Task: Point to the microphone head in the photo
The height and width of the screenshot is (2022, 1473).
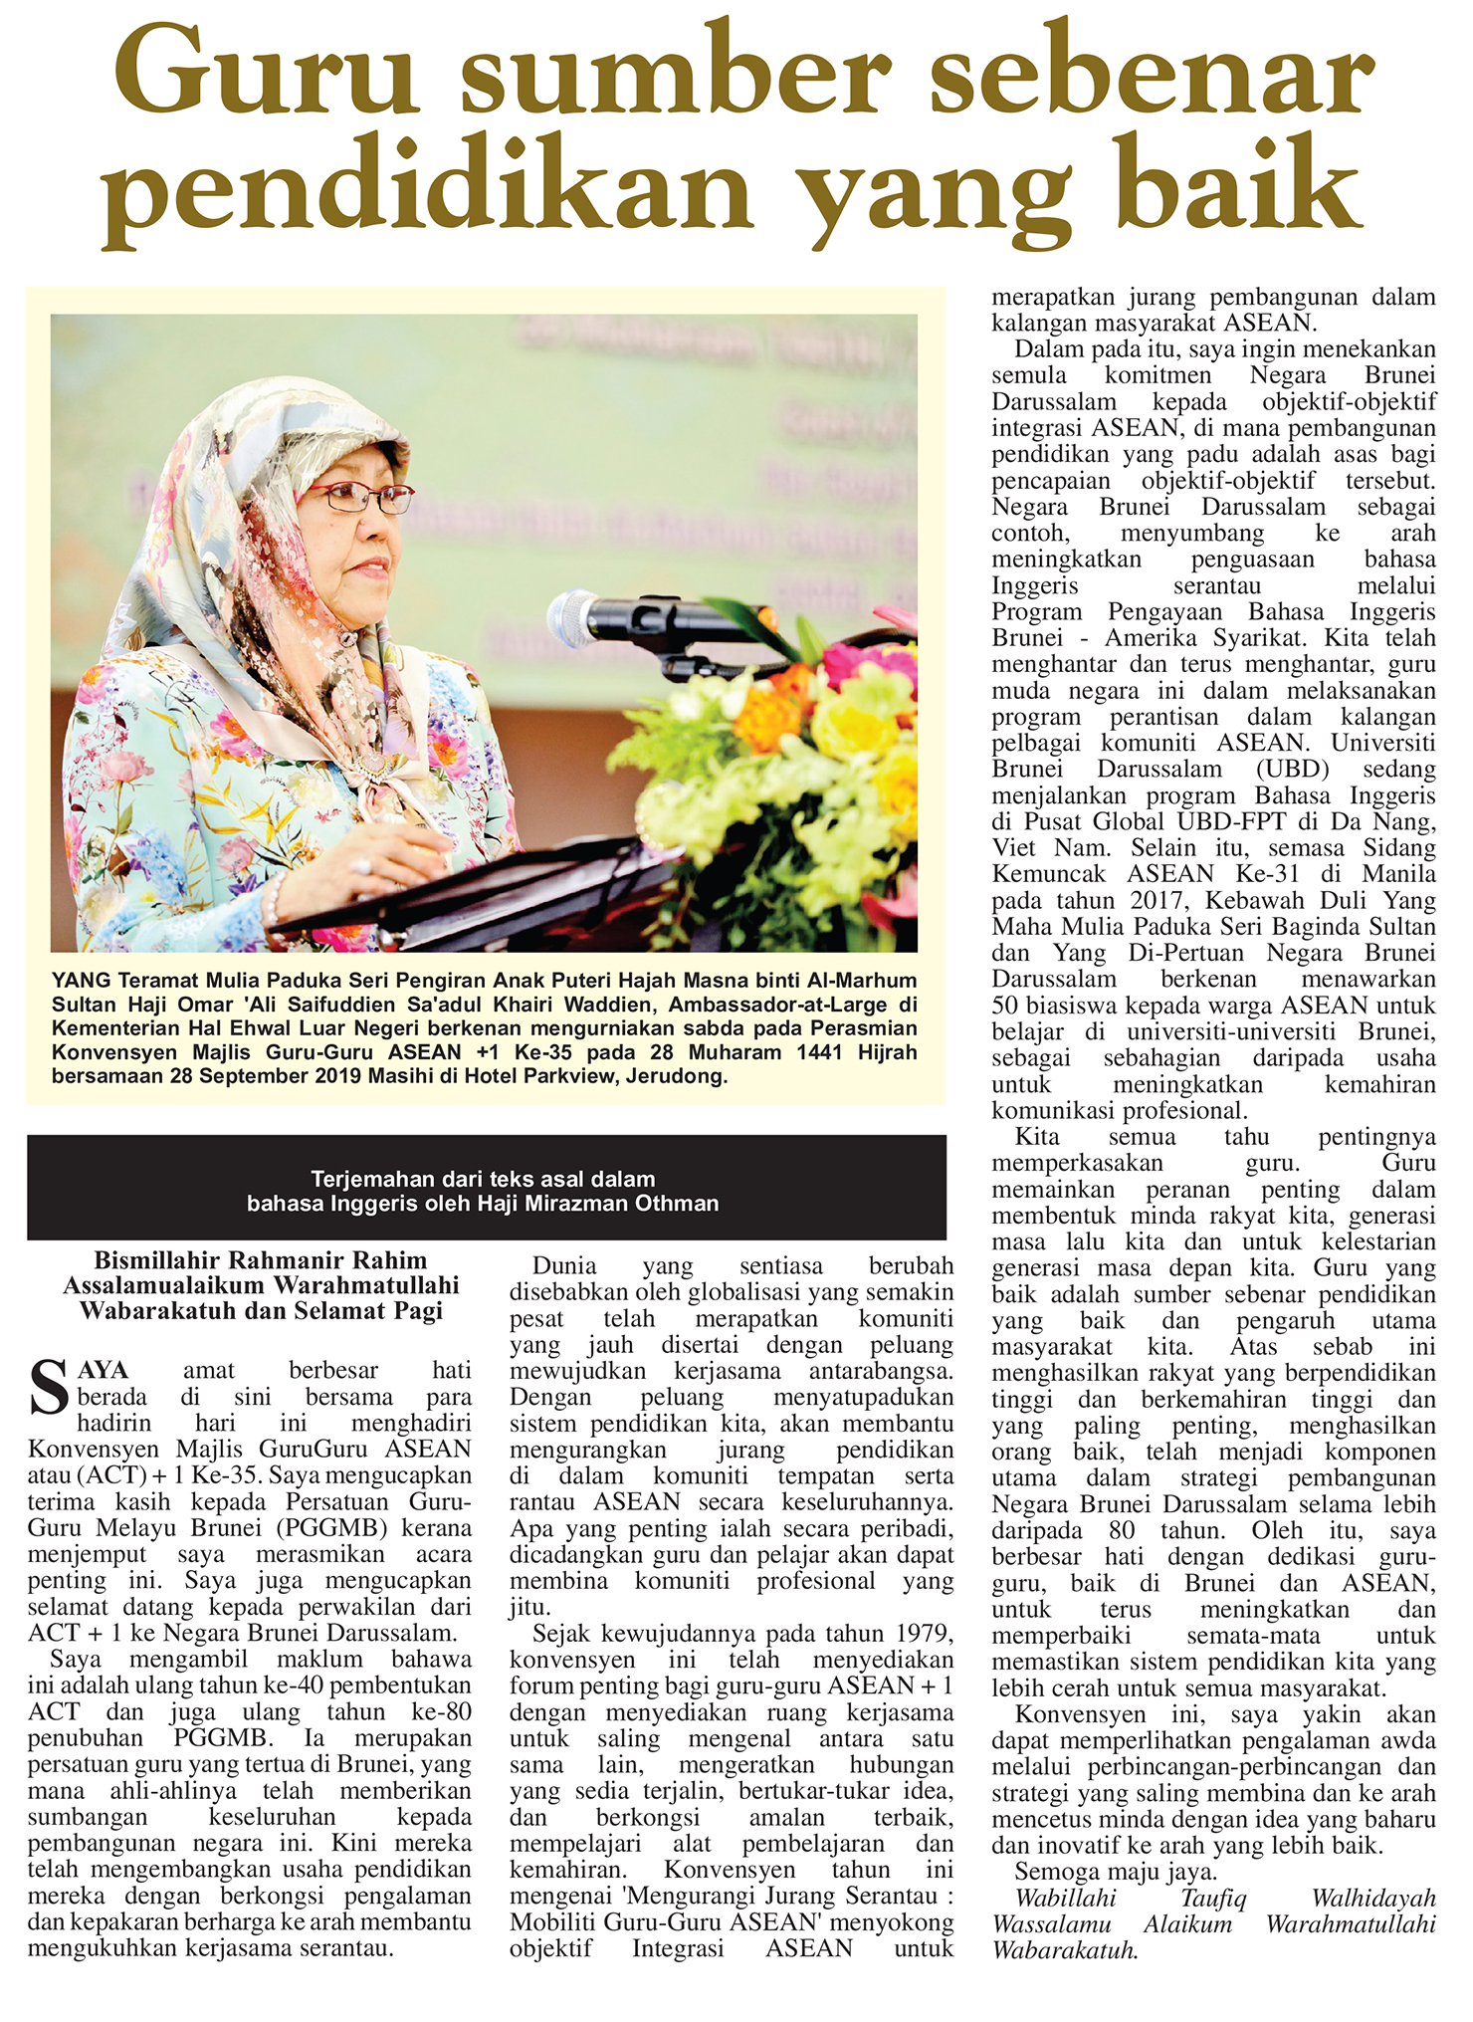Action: coord(576,614)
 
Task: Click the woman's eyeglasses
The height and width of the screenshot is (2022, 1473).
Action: coord(358,497)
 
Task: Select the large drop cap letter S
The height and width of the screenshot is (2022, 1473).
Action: coord(49,1387)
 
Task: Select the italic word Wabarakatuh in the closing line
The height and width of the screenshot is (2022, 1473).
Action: coord(1064,1950)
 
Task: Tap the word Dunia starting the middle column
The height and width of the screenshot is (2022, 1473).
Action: coord(564,1266)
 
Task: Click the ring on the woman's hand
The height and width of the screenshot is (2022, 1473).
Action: coord(361,866)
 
